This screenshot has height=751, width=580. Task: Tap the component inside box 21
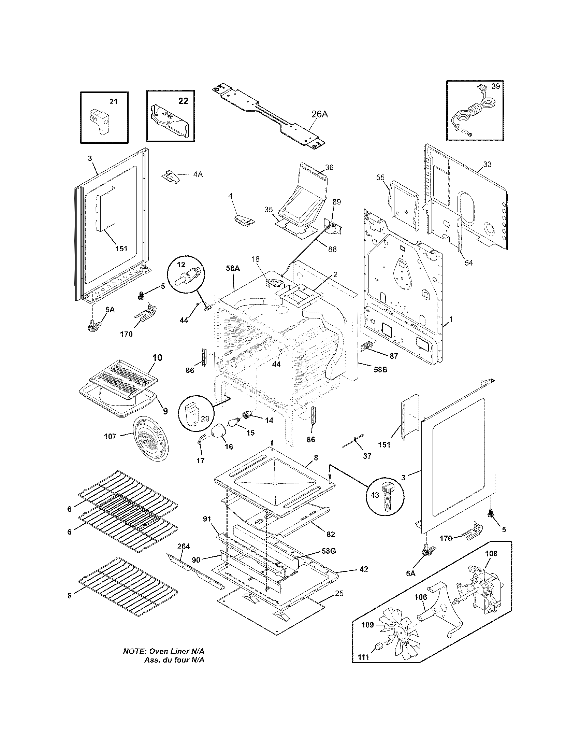coord(100,121)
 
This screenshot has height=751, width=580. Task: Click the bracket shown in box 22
coord(170,122)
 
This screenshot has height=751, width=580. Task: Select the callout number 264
coord(184,547)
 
